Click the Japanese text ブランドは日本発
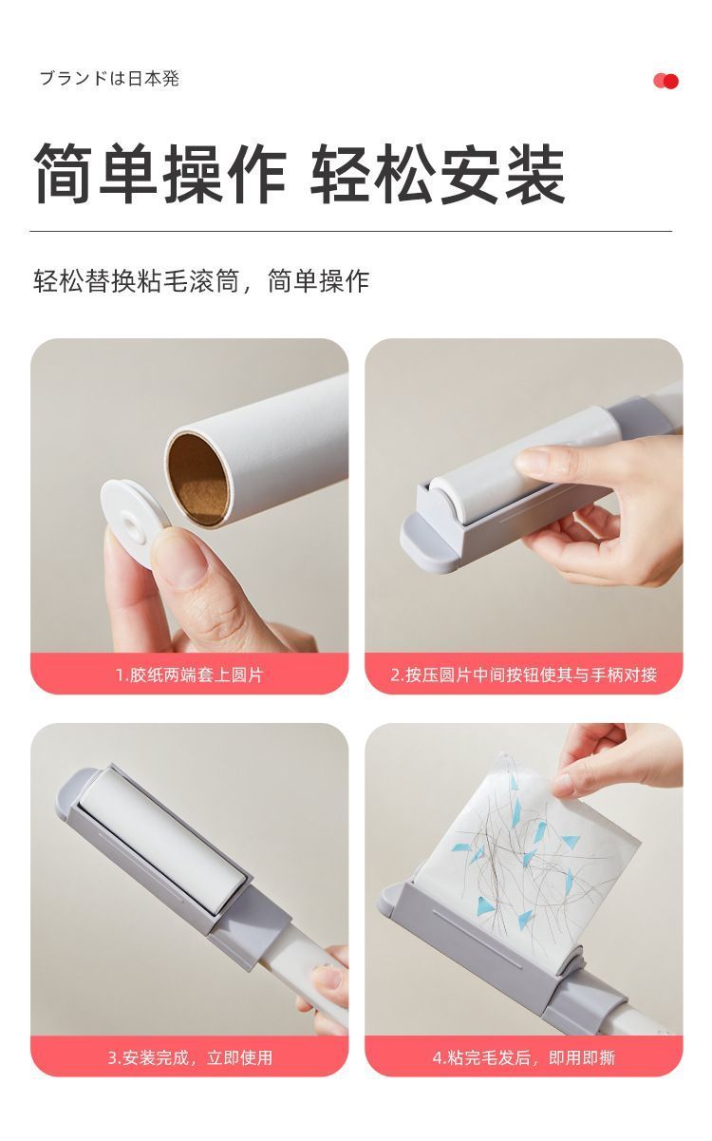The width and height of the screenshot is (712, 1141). point(108,79)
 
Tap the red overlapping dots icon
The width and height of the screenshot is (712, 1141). point(665,81)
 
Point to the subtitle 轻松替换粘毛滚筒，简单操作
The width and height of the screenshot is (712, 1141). point(201,281)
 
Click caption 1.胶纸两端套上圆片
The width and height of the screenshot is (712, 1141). point(189,675)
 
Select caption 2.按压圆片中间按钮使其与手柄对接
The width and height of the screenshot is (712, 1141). point(523,675)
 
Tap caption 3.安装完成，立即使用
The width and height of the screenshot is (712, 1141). point(189,1056)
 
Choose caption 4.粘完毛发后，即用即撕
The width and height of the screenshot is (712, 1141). point(523,1056)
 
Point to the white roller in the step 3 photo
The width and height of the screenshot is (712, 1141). point(161,836)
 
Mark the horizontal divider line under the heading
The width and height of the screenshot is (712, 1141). point(350,231)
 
